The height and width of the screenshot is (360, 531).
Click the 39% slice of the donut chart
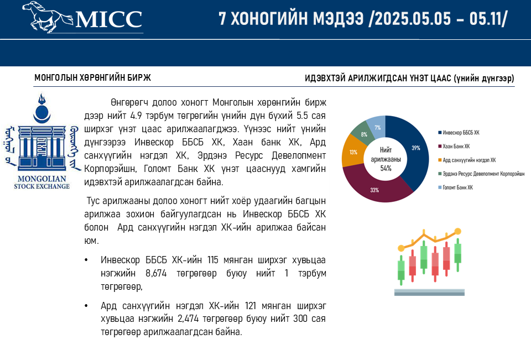[412, 149]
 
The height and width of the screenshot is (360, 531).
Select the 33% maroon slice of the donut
[376, 186]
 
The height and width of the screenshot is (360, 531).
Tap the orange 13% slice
[353, 152]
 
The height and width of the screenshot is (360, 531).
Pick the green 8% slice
[363, 133]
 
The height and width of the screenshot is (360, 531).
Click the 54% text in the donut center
[386, 168]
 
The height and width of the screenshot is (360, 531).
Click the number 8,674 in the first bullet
[156, 273]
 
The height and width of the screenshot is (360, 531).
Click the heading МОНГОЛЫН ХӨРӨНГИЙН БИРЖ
[92, 77]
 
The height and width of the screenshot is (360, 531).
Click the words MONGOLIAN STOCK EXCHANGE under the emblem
[41, 182]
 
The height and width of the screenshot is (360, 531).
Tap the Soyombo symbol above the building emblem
[42, 108]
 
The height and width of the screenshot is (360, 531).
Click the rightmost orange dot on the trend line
[457, 232]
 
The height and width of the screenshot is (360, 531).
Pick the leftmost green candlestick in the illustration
[401, 270]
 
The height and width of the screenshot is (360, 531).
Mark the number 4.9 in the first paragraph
[136, 116]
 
